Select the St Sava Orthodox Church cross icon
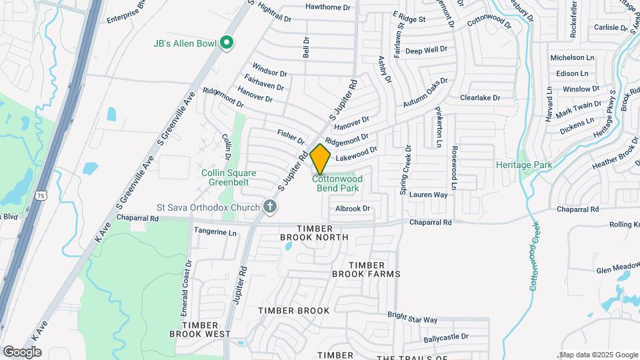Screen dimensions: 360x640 click(269, 207)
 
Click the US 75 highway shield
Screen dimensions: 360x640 click(41, 195)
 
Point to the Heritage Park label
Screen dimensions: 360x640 click(524, 164)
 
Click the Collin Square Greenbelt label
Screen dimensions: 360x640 click(229, 177)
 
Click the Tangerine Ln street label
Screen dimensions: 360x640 click(215, 233)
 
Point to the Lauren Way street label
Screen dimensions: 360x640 click(428, 195)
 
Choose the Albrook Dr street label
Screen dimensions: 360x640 click(352, 209)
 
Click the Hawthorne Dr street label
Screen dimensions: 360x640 click(327, 7)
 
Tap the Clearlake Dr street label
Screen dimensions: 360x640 click(479, 98)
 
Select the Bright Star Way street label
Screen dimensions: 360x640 click(412, 320)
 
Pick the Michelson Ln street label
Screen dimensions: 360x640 click(571, 58)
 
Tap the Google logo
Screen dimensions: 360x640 click(22, 351)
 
